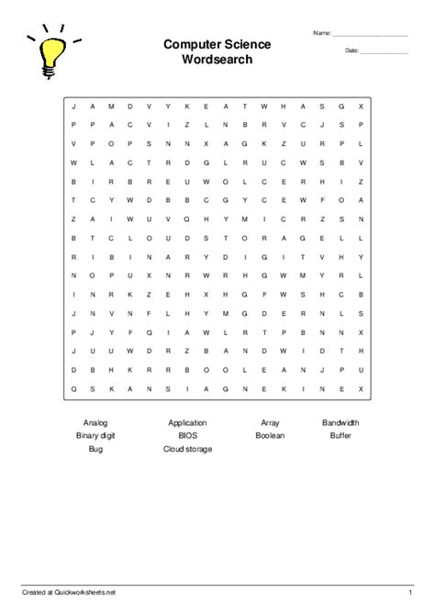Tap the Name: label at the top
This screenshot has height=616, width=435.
[x=321, y=34]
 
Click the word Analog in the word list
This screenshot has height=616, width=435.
[x=95, y=423]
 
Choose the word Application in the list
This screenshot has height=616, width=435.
[x=187, y=423]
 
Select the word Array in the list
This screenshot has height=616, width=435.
[x=270, y=423]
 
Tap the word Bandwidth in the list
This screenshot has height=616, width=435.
[x=340, y=423]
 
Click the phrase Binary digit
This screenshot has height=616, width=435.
[x=95, y=436]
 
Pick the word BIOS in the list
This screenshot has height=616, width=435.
[x=187, y=436]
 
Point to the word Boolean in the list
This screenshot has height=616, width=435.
[x=270, y=436]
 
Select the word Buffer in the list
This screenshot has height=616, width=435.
[x=340, y=436]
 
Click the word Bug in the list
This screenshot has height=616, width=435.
[x=95, y=449]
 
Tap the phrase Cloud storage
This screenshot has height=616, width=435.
[x=187, y=449]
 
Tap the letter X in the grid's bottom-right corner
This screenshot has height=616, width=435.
[x=362, y=389]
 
